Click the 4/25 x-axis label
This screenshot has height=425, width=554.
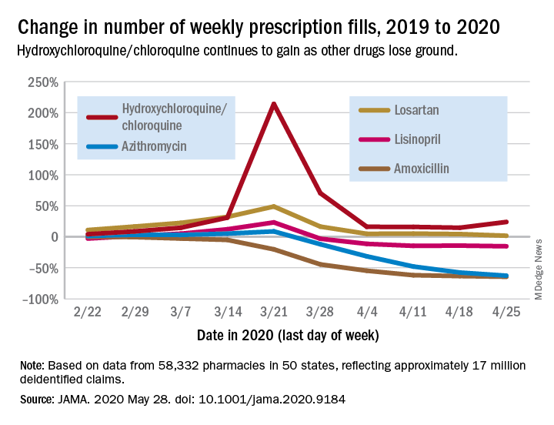(506, 316)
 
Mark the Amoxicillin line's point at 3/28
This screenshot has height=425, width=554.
(320, 265)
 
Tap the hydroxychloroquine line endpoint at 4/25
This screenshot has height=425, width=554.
(506, 222)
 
